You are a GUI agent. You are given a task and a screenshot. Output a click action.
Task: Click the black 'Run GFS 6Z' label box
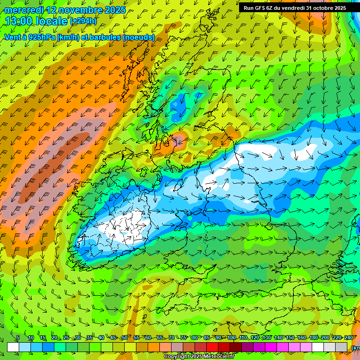coord(294,8)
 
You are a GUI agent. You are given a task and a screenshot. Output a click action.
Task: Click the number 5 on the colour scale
coord(18,338)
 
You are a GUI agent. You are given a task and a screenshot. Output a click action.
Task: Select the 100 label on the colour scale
coord(231,338)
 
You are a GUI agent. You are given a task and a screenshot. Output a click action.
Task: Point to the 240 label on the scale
coord(349,338)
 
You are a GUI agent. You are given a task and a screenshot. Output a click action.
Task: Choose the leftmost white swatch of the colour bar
coord(13,347)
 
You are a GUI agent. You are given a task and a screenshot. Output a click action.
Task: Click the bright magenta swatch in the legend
coord(271,347)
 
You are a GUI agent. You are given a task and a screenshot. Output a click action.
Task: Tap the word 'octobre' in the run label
coord(320,8)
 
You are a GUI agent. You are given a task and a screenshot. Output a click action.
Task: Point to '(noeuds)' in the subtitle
coord(139,37)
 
